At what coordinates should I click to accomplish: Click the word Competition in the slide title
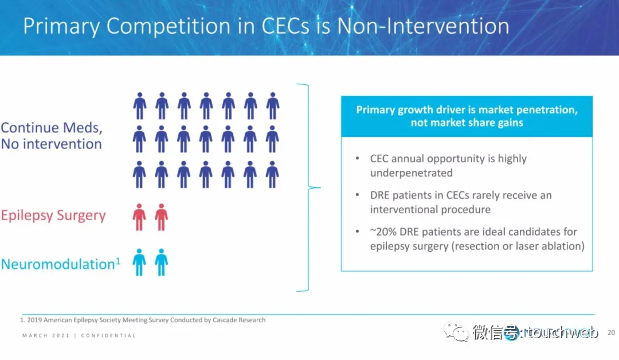tap(168, 26)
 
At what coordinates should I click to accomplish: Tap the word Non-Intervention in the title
tap(423, 26)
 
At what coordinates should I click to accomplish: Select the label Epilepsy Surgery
tap(53, 216)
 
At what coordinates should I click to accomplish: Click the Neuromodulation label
tap(58, 264)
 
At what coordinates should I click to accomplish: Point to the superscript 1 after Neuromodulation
tap(117, 260)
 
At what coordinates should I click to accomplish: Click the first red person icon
tap(139, 217)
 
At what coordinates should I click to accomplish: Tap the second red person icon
tap(161, 217)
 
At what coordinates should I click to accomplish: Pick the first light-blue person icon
tap(139, 262)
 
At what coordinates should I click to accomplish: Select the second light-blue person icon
tap(161, 262)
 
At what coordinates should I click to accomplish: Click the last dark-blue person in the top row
tap(273, 106)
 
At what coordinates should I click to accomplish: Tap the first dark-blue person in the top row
tap(140, 106)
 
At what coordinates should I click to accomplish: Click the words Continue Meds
tap(52, 128)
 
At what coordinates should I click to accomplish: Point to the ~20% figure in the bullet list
tap(383, 232)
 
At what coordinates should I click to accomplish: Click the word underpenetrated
tap(412, 173)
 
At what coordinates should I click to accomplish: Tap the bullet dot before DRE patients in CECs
tap(358, 194)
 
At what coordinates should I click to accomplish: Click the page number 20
tap(611, 332)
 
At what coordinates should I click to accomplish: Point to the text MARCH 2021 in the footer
tap(46, 335)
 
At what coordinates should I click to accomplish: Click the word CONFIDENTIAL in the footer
tap(108, 335)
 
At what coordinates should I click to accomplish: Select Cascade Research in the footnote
tap(239, 320)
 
